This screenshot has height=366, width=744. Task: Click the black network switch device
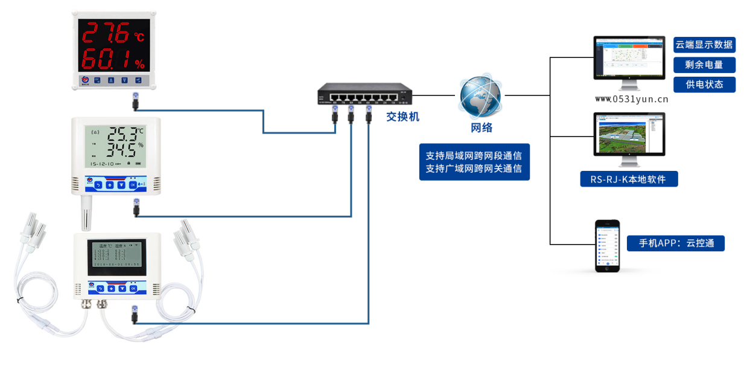pyautogui.click(x=364, y=95)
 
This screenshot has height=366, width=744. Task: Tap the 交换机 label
pyautogui.click(x=402, y=117)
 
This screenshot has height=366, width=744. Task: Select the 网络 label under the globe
pyautogui.click(x=482, y=127)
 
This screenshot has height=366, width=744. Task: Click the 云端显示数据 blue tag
pyautogui.click(x=704, y=45)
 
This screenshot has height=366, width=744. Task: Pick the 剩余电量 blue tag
pyautogui.click(x=704, y=65)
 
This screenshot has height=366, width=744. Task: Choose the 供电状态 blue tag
pyautogui.click(x=704, y=84)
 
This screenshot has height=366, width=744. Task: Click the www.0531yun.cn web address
pyautogui.click(x=631, y=100)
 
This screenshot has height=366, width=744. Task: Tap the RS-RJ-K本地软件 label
pyautogui.click(x=629, y=179)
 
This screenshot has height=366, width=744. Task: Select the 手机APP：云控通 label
pyautogui.click(x=676, y=243)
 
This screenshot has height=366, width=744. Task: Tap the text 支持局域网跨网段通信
pyautogui.click(x=474, y=155)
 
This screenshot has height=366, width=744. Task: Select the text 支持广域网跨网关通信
pyautogui.click(x=474, y=169)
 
